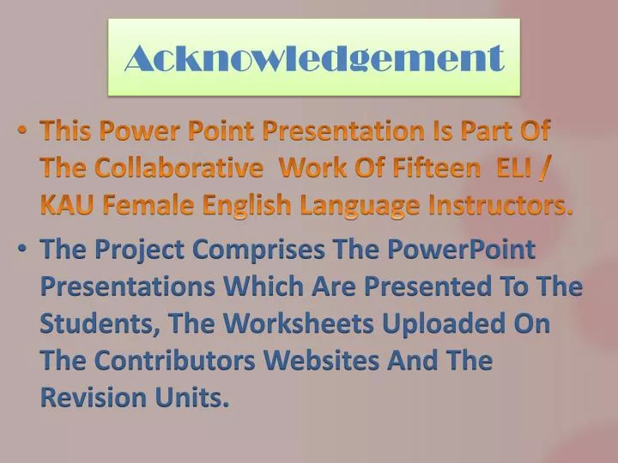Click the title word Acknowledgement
[313, 58]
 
